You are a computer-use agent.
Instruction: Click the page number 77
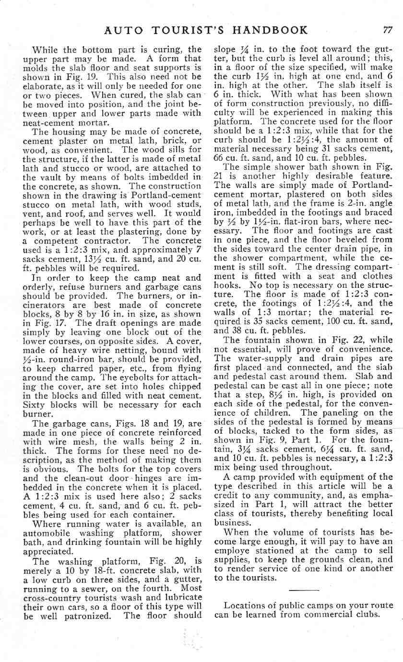pos(388,31)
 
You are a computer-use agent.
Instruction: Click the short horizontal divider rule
pos(303,589)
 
